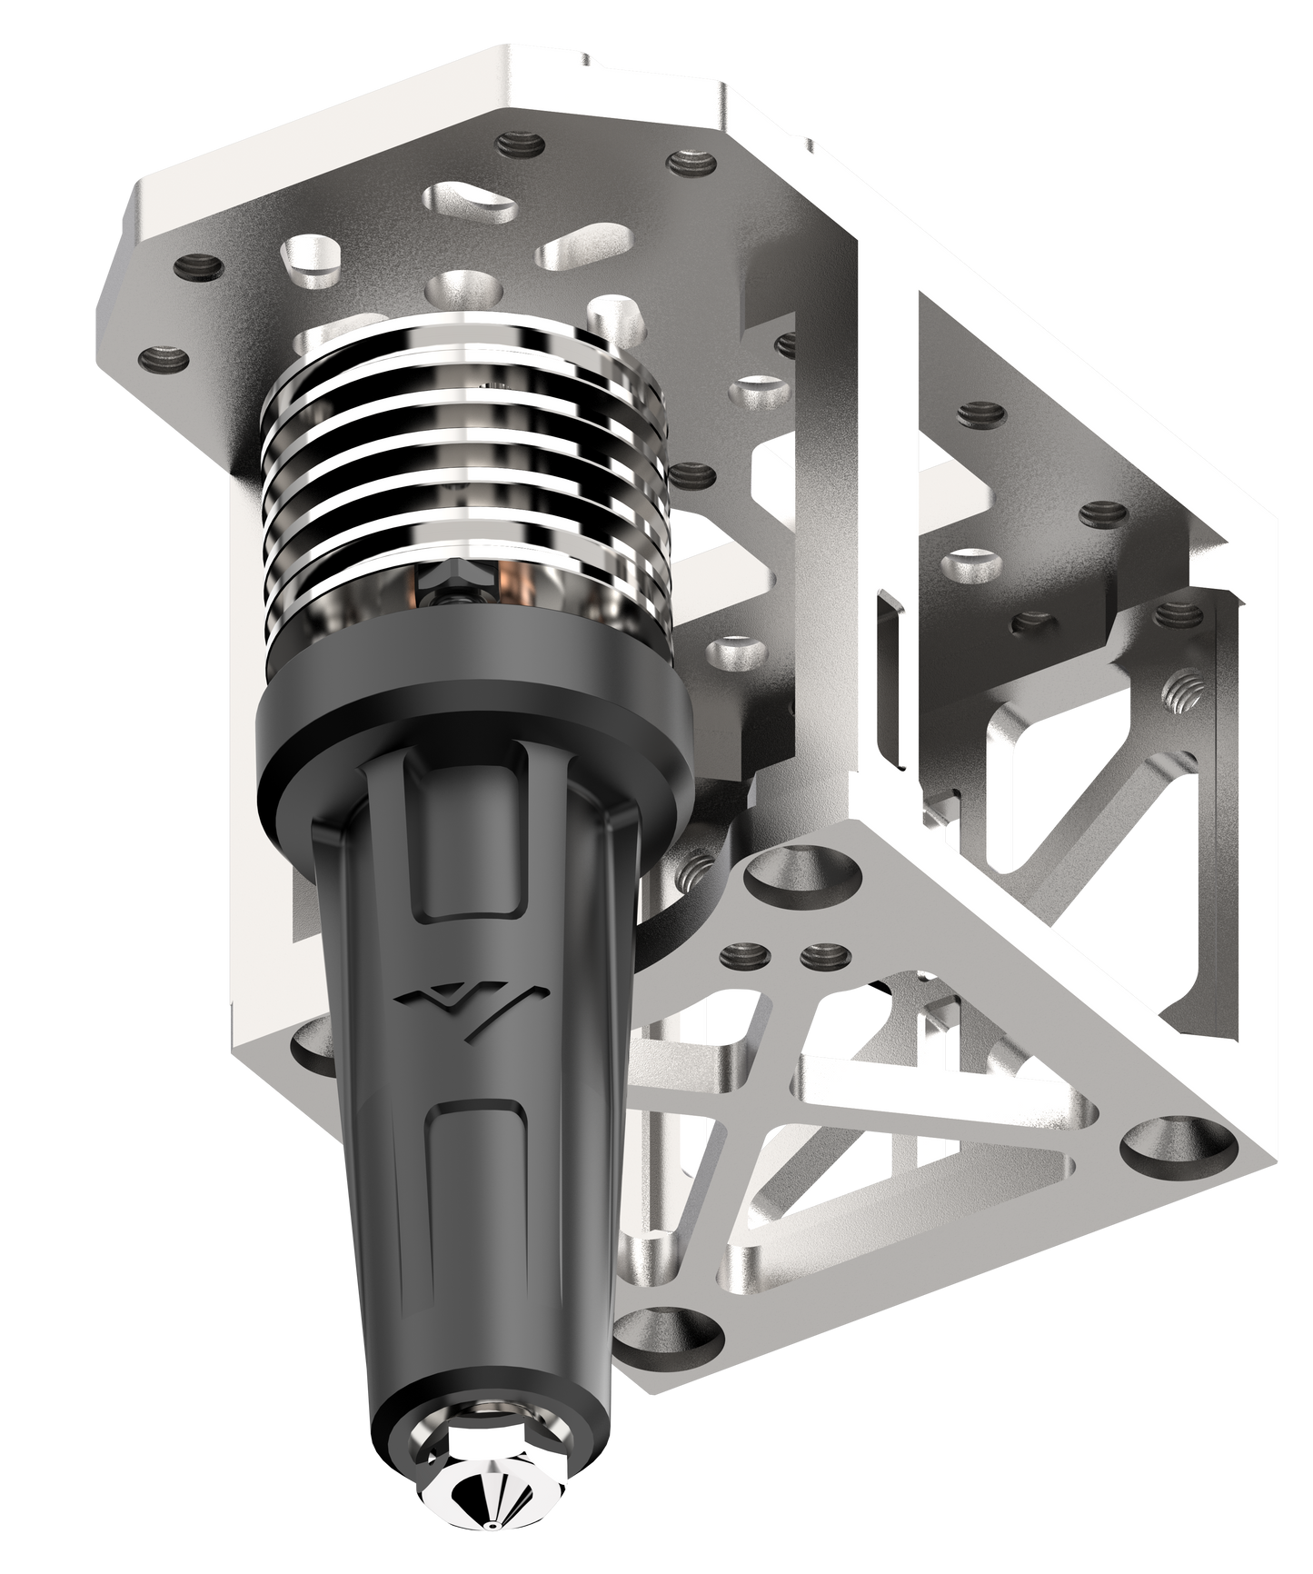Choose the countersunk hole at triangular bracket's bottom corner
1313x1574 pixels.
click(665, 1326)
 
